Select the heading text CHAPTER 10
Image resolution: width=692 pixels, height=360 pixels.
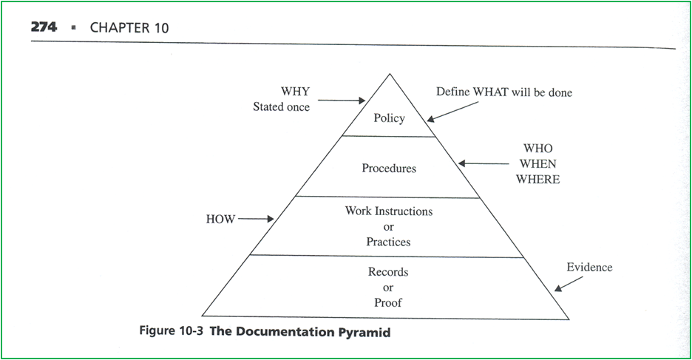click(129, 28)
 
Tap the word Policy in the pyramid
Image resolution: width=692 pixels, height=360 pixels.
click(389, 118)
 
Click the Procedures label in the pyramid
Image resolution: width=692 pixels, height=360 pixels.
click(389, 169)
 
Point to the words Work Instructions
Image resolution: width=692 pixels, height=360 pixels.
click(389, 211)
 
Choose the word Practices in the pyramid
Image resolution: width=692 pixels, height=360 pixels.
click(389, 242)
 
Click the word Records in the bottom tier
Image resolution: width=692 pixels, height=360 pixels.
click(388, 272)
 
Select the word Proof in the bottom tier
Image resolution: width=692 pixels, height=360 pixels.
click(388, 302)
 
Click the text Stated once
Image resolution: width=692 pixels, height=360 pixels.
click(281, 107)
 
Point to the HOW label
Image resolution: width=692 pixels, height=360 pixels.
click(220, 220)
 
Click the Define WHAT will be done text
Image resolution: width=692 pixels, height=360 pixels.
click(504, 92)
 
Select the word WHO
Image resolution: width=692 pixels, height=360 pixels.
click(537, 149)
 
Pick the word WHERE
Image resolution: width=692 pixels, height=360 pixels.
click(537, 180)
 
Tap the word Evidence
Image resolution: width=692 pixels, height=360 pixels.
click(589, 267)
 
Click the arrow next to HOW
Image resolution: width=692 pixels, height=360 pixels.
click(256, 219)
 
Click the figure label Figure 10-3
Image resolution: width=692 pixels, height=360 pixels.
click(172, 331)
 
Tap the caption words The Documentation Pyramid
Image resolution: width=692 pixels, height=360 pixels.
click(300, 332)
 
